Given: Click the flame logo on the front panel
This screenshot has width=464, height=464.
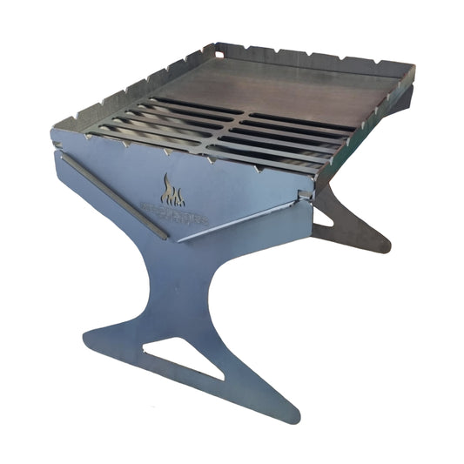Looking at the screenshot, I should point(169,188).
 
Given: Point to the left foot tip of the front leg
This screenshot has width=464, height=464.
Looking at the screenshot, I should point(90,334).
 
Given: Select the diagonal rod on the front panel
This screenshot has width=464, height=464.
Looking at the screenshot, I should point(113,198).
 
